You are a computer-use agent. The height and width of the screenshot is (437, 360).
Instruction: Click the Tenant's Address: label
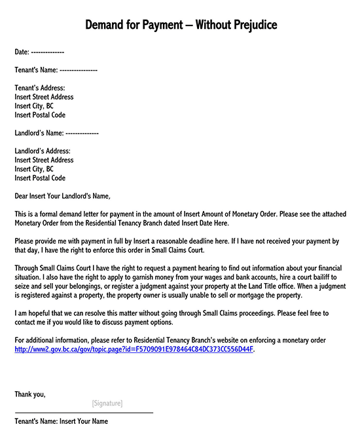coord(40,88)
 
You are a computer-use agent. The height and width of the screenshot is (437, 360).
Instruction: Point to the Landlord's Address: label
coord(43,151)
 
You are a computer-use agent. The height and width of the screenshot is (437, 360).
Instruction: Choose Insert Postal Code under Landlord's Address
coord(40,178)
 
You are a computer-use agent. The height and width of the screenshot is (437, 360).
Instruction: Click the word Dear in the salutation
coord(22,196)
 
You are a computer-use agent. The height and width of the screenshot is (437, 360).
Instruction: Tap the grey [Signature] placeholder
coord(107,403)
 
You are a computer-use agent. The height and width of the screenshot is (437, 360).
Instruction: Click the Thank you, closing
coord(30,394)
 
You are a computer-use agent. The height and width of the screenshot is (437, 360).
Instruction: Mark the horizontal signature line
coord(84,413)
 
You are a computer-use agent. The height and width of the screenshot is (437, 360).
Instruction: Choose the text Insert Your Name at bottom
coord(84,421)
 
